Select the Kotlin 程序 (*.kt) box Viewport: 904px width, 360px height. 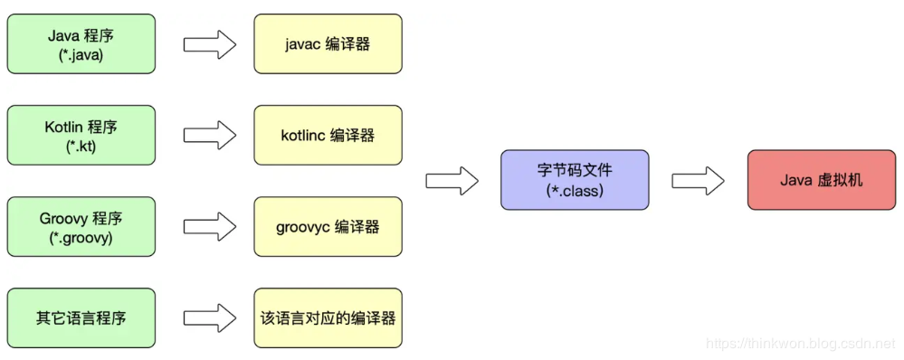coord(81,135)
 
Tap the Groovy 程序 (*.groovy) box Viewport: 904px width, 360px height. coord(81,226)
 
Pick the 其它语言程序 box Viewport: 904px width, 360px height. coord(81,317)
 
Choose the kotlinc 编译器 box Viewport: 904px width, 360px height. coord(328,135)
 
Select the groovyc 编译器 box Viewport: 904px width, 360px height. coord(328,226)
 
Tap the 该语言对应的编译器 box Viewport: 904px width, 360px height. coord(328,317)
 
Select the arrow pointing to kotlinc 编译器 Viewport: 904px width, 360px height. coord(209,135)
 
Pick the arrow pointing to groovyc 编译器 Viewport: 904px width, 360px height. coord(209,226)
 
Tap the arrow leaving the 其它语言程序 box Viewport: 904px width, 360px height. coord(209,317)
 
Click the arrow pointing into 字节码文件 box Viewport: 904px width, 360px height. coord(452,180)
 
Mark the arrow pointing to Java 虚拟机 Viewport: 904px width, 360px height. coord(698,180)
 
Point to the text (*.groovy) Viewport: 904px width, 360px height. coord(81,237)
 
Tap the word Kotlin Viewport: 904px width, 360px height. coord(64,127)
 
